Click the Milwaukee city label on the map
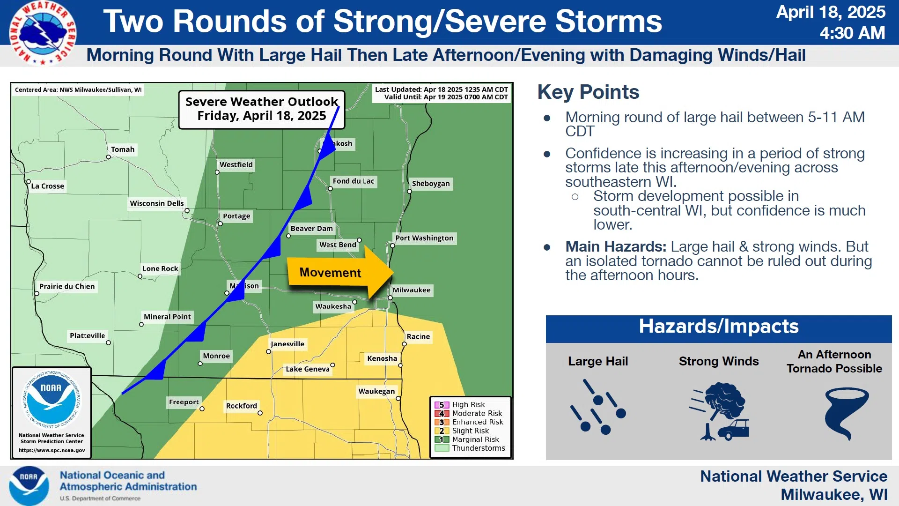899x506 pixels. pos(412,290)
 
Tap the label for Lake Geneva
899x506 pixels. pos(308,369)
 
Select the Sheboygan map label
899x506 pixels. pos(431,184)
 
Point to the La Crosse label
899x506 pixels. pos(47,186)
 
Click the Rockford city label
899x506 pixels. pos(242,406)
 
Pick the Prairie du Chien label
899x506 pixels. pos(67,286)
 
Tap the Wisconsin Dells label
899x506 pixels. pos(157,203)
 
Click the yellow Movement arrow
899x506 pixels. pos(340,272)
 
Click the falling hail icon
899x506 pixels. pos(598,407)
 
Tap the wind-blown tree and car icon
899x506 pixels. pos(719,411)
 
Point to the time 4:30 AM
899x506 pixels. pos(852,33)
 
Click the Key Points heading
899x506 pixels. pos(588,92)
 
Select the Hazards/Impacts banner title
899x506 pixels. pos(719,326)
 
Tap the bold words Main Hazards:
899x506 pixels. pos(616,246)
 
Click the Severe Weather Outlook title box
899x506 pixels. pos(262,109)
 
